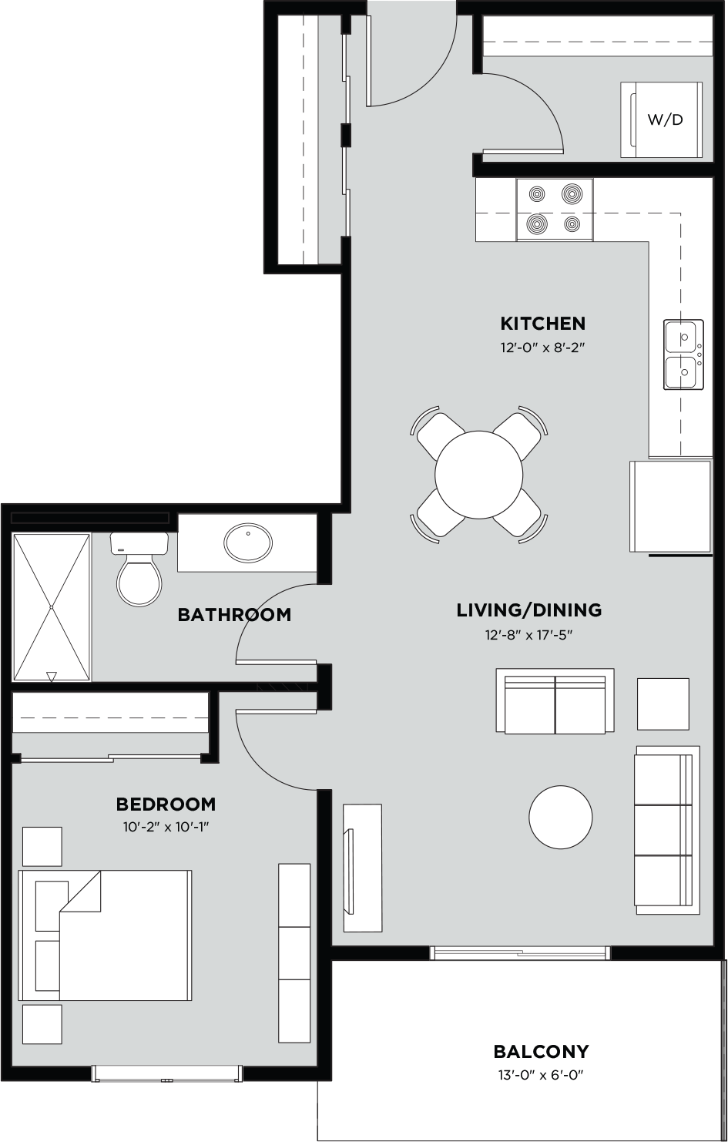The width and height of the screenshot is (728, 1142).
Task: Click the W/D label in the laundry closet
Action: pyautogui.click(x=665, y=120)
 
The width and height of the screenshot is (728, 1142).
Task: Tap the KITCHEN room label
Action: pyautogui.click(x=543, y=323)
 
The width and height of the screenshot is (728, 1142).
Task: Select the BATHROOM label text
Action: pyautogui.click(x=234, y=615)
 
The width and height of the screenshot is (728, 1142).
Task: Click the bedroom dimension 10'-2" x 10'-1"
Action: pyautogui.click(x=166, y=827)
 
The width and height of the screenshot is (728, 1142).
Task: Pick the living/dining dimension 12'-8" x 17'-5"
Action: pyautogui.click(x=528, y=636)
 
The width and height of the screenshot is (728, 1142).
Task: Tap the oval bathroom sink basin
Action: pyautogui.click(x=248, y=542)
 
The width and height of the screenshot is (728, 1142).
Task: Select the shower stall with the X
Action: pyautogui.click(x=52, y=607)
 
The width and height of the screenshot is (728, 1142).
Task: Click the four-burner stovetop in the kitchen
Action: pyautogui.click(x=555, y=209)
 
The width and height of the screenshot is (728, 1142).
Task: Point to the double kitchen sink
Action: pyautogui.click(x=683, y=355)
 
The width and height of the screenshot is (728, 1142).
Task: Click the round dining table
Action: pyautogui.click(x=479, y=474)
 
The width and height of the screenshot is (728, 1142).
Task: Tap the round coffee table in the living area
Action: pyautogui.click(x=561, y=817)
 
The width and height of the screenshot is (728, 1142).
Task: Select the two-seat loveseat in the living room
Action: pyautogui.click(x=555, y=702)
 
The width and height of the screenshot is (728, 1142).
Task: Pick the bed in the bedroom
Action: pyautogui.click(x=106, y=935)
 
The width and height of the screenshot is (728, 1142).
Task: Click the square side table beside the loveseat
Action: pyautogui.click(x=663, y=704)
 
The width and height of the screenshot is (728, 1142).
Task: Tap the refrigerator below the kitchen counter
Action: pyautogui.click(x=670, y=506)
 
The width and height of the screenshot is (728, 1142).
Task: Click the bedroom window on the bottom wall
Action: pyautogui.click(x=166, y=1073)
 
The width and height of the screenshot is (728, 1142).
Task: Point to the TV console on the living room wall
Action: pyautogui.click(x=362, y=868)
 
